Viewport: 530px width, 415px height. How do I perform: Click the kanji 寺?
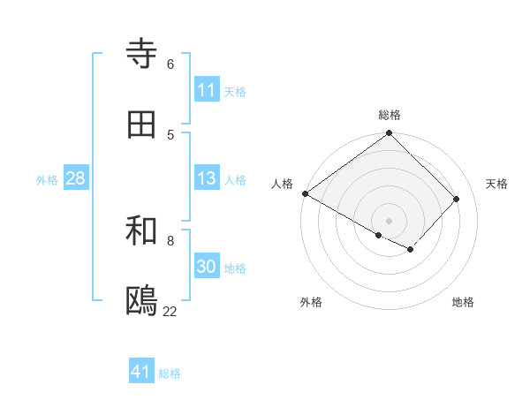[142, 55]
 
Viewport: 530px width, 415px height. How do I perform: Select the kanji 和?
[142, 231]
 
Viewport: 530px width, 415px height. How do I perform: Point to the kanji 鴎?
[142, 301]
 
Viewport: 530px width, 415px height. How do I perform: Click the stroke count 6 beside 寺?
[170, 64]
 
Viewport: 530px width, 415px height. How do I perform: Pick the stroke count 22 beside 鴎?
[170, 311]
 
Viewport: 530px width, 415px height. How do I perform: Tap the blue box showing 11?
[206, 90]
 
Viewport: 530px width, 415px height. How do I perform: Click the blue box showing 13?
[206, 178]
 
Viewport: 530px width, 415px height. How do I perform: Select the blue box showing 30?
[206, 267]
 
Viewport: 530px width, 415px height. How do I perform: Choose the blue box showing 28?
[75, 178]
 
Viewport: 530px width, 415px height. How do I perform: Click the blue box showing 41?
[141, 372]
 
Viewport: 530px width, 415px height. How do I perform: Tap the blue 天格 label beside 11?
[235, 91]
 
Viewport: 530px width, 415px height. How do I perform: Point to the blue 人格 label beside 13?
[235, 179]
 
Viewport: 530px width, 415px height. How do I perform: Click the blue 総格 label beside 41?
[170, 373]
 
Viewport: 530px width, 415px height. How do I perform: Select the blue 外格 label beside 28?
[47, 179]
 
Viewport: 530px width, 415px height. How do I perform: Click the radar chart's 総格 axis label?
[390, 115]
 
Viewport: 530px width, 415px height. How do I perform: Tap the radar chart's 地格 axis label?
[463, 302]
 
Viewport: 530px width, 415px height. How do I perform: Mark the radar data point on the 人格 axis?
[305, 194]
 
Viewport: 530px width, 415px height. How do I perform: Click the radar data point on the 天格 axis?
[457, 199]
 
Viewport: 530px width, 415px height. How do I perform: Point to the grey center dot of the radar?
[390, 220]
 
